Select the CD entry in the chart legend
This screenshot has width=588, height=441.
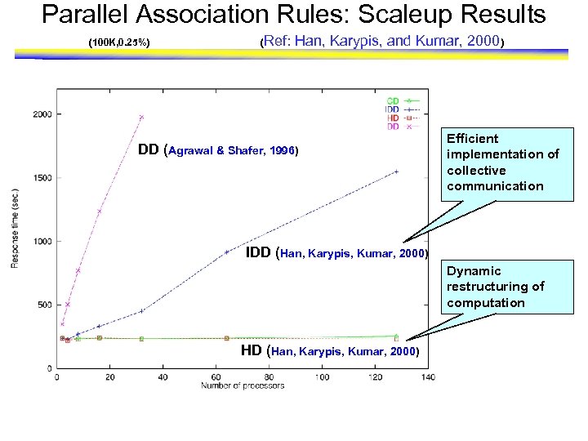coord(393,100)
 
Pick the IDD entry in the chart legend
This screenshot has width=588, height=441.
coord(392,109)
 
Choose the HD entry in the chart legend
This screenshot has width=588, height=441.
coord(393,118)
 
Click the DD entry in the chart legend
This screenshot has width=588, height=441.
coord(393,126)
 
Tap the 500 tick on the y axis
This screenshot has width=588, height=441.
coord(44,305)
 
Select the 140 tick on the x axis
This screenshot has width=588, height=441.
coord(428,376)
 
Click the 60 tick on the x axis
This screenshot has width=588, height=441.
coord(216,376)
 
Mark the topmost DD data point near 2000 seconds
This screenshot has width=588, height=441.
coord(141,117)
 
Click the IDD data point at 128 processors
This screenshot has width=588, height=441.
coord(396,171)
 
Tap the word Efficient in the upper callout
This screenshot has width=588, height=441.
coord(472,139)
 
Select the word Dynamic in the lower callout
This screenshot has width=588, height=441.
coord(474,271)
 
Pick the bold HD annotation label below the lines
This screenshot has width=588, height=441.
coord(252,350)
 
